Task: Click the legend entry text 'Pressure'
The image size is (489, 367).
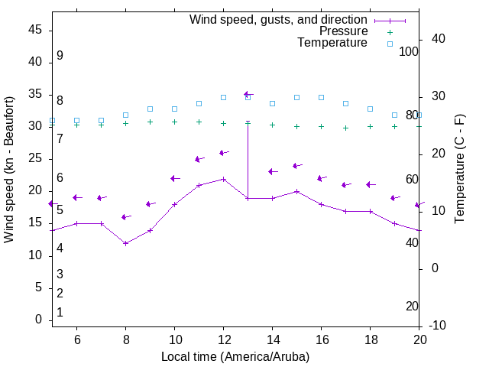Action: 343,31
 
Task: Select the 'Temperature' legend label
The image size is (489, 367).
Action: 332,43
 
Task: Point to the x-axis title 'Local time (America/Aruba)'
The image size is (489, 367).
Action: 235,356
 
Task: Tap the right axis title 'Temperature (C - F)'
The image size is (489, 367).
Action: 459,170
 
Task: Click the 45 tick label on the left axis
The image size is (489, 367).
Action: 34,30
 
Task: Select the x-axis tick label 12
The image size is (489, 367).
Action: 223,339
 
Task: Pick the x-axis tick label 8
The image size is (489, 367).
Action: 125,339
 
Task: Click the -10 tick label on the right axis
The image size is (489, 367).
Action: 437,326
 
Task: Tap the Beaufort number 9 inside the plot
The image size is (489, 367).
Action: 60,56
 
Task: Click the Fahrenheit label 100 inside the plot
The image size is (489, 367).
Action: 409,51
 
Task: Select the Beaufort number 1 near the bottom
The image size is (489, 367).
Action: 60,312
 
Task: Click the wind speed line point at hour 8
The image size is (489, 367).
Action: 125,243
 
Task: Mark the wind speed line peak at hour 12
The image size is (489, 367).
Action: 223,179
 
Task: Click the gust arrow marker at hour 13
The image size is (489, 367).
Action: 248,95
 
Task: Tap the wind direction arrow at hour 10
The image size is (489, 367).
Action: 174,179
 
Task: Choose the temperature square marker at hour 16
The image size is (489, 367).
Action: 321,98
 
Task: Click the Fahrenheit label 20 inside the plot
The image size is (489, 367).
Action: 412,307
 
